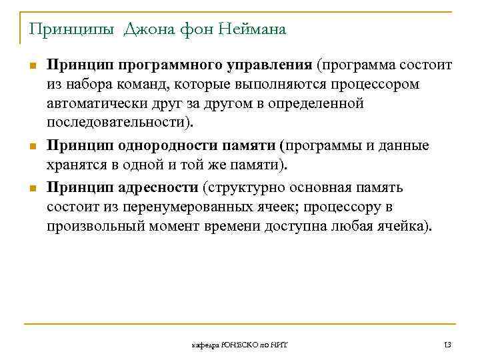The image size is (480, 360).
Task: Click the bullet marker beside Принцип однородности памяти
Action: [31, 146]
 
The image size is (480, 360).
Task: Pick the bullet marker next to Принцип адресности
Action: [31, 187]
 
